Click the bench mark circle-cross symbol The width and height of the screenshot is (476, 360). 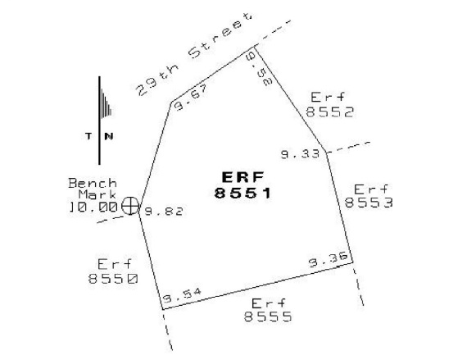click(130, 206)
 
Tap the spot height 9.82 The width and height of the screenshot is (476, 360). click(164, 211)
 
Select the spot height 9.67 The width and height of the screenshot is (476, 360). click(193, 98)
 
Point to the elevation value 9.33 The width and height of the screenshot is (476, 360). click(300, 154)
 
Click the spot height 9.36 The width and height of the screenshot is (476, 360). click(329, 261)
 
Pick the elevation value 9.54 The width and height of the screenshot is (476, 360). click(182, 295)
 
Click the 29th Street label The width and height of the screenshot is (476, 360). click(194, 54)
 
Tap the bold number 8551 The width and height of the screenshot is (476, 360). click(243, 193)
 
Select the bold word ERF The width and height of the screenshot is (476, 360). click(243, 177)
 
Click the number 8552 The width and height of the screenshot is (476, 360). click(329, 112)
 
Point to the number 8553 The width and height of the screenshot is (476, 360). click(369, 202)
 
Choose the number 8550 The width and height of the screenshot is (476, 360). click(113, 278)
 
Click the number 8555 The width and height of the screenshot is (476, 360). click(268, 317)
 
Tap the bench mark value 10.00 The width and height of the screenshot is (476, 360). click(93, 207)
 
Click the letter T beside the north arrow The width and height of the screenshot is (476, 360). click(88, 136)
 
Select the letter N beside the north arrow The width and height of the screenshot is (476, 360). click(109, 136)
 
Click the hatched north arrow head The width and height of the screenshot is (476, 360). click(105, 103)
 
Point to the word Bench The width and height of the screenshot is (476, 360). click(93, 183)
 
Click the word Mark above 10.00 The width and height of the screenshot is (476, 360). click(97, 194)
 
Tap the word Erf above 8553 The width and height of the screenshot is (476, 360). click(371, 189)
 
